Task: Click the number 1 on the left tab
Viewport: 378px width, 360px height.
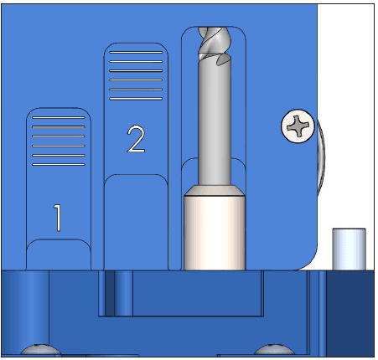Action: pyautogui.click(x=57, y=218)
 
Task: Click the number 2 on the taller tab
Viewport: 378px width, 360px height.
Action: pyautogui.click(x=135, y=139)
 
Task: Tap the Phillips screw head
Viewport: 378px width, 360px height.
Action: pyautogui.click(x=298, y=127)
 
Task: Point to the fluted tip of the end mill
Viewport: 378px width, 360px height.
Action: pyautogui.click(x=215, y=46)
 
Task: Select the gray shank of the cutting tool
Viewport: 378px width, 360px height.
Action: pyautogui.click(x=215, y=126)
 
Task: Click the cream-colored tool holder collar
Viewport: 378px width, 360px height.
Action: pyautogui.click(x=215, y=234)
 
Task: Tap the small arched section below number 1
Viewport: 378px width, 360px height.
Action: pyautogui.click(x=58, y=255)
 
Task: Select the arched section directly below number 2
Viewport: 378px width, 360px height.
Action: pyautogui.click(x=135, y=222)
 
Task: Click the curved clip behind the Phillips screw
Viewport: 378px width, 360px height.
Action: pyautogui.click(x=321, y=159)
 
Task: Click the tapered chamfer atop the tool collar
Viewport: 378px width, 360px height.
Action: pyautogui.click(x=215, y=189)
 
